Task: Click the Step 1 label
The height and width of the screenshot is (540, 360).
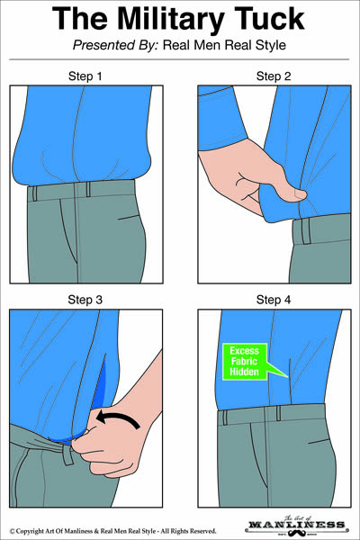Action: pyautogui.click(x=85, y=76)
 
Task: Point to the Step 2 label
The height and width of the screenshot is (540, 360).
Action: pyautogui.click(x=274, y=76)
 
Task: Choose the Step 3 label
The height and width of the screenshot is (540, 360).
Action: pyautogui.click(x=85, y=299)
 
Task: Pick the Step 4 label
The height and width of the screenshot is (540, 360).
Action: pyautogui.click(x=274, y=299)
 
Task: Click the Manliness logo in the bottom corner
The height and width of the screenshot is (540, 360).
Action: pyautogui.click(x=310, y=521)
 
